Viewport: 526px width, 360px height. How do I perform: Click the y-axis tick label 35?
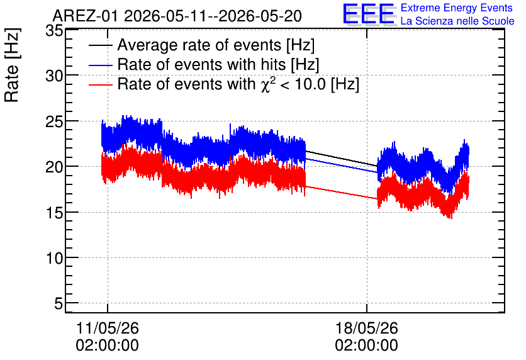(x=54, y=31)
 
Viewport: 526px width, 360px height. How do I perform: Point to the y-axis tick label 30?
(x=54, y=76)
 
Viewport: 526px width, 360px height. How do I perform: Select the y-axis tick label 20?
(x=54, y=167)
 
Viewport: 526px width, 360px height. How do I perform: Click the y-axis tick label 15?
(x=54, y=213)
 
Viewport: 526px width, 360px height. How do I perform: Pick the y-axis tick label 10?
(x=54, y=258)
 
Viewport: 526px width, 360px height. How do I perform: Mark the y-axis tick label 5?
(x=59, y=303)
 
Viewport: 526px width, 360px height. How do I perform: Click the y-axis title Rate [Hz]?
(x=12, y=65)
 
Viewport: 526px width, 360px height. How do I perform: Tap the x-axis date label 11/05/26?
(x=108, y=328)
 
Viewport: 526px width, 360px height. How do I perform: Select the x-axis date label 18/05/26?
(x=367, y=328)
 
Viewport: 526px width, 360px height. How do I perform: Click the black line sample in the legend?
(x=100, y=45)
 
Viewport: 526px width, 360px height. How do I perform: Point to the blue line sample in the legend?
(x=100, y=65)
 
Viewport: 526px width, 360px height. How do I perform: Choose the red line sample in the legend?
(x=100, y=85)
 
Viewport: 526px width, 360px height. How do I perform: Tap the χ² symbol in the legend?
(x=266, y=84)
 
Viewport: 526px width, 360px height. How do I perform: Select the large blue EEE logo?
(x=369, y=14)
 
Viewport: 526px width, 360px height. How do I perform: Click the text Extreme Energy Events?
(x=457, y=8)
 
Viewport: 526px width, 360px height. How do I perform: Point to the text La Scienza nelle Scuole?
(x=457, y=21)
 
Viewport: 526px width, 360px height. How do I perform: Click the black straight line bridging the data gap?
(x=342, y=159)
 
